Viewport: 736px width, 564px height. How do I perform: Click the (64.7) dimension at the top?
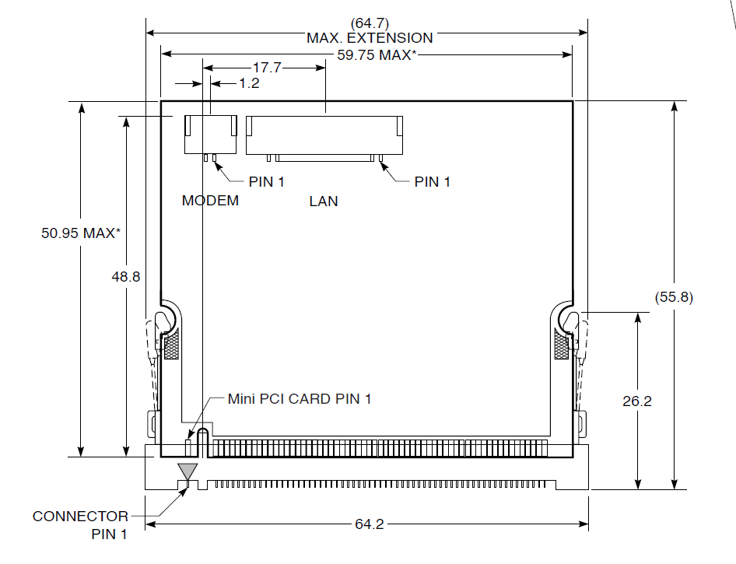coord(370,23)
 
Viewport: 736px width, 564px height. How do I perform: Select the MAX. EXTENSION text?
coord(370,37)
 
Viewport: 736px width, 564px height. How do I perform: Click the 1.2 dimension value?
coord(249,83)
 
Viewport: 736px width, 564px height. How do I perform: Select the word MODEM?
coord(210,201)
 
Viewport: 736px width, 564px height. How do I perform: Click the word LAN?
coord(324,201)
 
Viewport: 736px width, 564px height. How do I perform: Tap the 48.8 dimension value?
coord(124,276)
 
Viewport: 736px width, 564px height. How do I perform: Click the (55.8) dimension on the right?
coord(675,296)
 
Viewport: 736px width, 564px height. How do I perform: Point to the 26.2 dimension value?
coord(637,401)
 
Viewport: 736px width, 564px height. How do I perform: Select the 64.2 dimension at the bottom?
coord(370,524)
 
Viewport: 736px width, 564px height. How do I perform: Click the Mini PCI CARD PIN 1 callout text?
coord(299,399)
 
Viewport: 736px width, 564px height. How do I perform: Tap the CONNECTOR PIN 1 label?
coord(81,524)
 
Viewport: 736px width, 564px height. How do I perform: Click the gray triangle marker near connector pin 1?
coord(188,471)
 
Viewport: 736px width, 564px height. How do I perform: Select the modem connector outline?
coord(210,133)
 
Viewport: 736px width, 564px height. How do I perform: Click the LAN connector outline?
coord(324,134)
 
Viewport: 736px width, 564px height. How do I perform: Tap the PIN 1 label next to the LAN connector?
coord(433,182)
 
